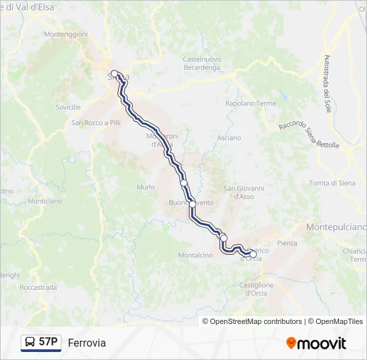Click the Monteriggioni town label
(x=65, y=33)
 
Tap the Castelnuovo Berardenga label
(x=202, y=63)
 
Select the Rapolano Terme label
(x=250, y=103)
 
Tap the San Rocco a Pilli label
(x=96, y=123)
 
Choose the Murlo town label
(x=145, y=187)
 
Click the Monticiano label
(x=45, y=201)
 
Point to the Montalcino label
(x=195, y=255)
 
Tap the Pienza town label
(x=286, y=243)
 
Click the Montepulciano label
(x=336, y=227)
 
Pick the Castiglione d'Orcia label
(x=256, y=289)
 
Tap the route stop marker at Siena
(x=114, y=73)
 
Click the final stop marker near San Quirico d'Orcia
(x=253, y=254)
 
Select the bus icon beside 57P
(x=30, y=343)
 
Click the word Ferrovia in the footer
(x=87, y=343)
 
